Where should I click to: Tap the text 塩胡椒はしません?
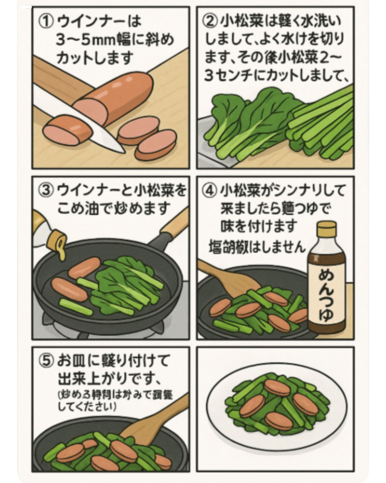pos(257,247)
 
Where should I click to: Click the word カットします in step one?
pos(95,57)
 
